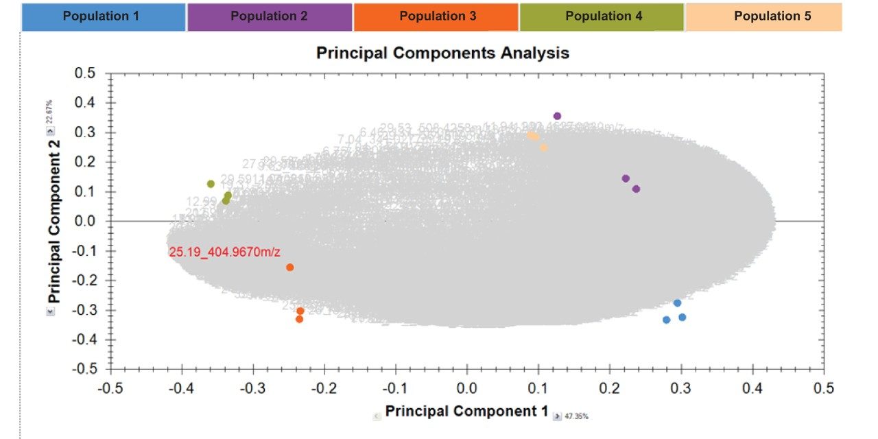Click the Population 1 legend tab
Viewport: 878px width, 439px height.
point(103,16)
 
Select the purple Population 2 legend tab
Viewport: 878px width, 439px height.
point(269,16)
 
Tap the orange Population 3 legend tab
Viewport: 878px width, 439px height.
point(437,16)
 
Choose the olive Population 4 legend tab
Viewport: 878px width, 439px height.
point(603,16)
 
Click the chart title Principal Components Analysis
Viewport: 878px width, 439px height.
point(442,53)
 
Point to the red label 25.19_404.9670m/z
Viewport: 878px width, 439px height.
point(224,252)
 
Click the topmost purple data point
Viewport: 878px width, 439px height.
point(557,116)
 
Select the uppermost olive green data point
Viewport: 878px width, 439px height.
point(211,184)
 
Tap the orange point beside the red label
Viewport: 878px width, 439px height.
point(289,268)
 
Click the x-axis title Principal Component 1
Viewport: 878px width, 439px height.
point(466,411)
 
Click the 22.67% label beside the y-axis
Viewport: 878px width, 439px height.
point(49,112)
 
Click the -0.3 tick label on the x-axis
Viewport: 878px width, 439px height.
point(252,388)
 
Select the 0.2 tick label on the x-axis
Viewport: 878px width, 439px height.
point(610,388)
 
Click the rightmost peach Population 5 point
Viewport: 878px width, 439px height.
point(543,147)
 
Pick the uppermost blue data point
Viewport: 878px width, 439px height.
point(677,303)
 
